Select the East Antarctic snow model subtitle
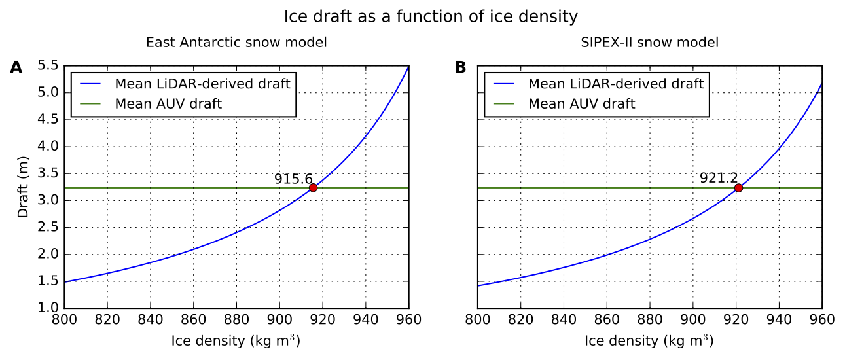tap(236, 43)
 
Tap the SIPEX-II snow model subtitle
tap(649, 43)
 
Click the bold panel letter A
tap(16, 67)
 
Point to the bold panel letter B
tap(461, 67)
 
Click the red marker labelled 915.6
tap(313, 188)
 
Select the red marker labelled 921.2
tap(738, 188)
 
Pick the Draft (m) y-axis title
tap(23, 187)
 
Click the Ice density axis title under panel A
tap(236, 341)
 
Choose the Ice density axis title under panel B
tap(649, 341)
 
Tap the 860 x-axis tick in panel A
tap(193, 319)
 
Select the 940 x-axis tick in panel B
tap(779, 319)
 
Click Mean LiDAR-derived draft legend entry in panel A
tap(202, 84)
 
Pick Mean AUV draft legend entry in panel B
tap(581, 103)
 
